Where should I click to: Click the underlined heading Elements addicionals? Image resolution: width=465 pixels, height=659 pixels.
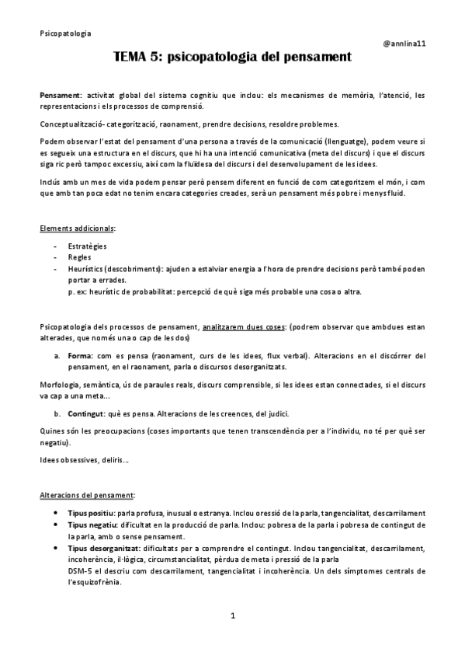77,228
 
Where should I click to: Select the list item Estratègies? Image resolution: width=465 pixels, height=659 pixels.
87,246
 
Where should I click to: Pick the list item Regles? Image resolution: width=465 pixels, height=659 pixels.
80,257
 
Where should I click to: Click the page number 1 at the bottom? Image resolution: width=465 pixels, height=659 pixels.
232,616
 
